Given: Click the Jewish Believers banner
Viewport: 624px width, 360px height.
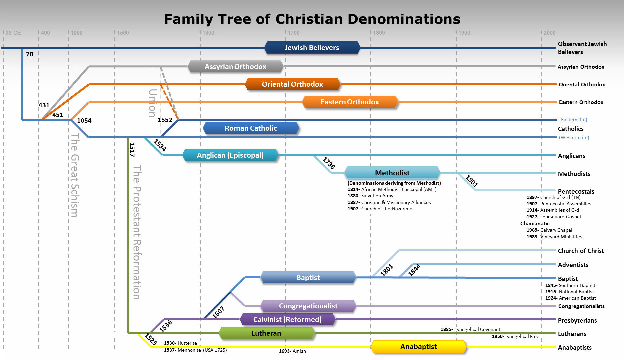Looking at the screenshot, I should pos(312,48).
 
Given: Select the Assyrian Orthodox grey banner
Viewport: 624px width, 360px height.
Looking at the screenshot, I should pos(235,67).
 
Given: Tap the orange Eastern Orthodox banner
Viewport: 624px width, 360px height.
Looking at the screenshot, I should pos(350,102).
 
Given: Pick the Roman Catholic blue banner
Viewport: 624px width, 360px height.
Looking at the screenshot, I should pos(251,128).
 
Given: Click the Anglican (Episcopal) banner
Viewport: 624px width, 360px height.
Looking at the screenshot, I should pos(230,155).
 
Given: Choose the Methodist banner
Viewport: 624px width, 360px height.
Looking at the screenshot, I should pos(392,173).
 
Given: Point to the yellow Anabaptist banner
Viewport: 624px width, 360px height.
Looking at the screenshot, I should pos(418,347).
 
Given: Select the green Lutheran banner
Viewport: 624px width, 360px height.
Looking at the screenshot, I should pos(266,333).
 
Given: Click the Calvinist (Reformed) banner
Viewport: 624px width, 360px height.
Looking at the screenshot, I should pos(287,320).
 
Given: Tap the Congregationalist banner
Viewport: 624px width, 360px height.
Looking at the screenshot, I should pos(308,306).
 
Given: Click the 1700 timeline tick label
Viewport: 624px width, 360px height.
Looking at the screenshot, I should pos(293,33).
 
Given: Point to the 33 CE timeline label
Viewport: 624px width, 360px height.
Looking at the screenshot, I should pos(13,33).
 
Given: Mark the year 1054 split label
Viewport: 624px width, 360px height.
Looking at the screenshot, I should pos(84,121).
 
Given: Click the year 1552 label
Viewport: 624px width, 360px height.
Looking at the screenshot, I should pos(165,120).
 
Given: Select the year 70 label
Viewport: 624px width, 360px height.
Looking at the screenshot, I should pos(30,54).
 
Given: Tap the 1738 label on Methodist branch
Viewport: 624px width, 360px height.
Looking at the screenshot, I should pos(329,163).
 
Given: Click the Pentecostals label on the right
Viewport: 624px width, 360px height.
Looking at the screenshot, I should pos(576,192).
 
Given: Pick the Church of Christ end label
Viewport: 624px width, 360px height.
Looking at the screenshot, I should pos(581,251).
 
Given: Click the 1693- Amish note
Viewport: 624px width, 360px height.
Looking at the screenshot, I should pos(292,351).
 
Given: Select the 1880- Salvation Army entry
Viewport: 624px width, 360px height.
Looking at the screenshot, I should pos(370,196).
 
